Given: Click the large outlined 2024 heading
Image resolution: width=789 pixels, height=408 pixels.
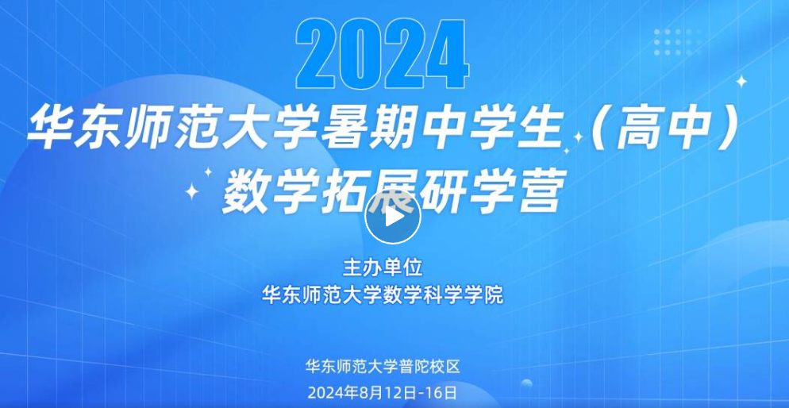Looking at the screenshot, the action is pyautogui.click(x=383, y=56).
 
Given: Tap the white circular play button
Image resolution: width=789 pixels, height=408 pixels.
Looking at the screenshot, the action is pyautogui.click(x=392, y=217).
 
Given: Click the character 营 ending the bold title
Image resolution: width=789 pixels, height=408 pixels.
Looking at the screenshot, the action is pyautogui.click(x=540, y=193).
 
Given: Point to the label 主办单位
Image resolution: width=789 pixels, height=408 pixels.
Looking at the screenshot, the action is pyautogui.click(x=383, y=268).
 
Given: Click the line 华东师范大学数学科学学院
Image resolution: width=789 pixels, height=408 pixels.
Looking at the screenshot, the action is pyautogui.click(x=383, y=294).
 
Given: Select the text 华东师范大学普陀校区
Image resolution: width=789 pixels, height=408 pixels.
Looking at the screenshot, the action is pyautogui.click(x=383, y=366).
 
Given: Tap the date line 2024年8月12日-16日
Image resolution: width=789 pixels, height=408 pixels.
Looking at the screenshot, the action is pyautogui.click(x=383, y=391).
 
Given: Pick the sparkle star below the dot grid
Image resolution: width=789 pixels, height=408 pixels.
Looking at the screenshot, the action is pyautogui.click(x=741, y=81).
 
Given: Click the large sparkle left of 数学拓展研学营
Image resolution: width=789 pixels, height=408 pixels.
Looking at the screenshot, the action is pyautogui.click(x=192, y=191).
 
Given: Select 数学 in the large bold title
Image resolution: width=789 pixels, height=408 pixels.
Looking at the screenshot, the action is pyautogui.click(x=264, y=193).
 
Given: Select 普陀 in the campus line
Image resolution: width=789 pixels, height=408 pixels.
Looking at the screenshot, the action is pyautogui.click(x=414, y=366).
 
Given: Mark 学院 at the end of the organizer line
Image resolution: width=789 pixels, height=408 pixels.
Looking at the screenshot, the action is pyautogui.click(x=489, y=294).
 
